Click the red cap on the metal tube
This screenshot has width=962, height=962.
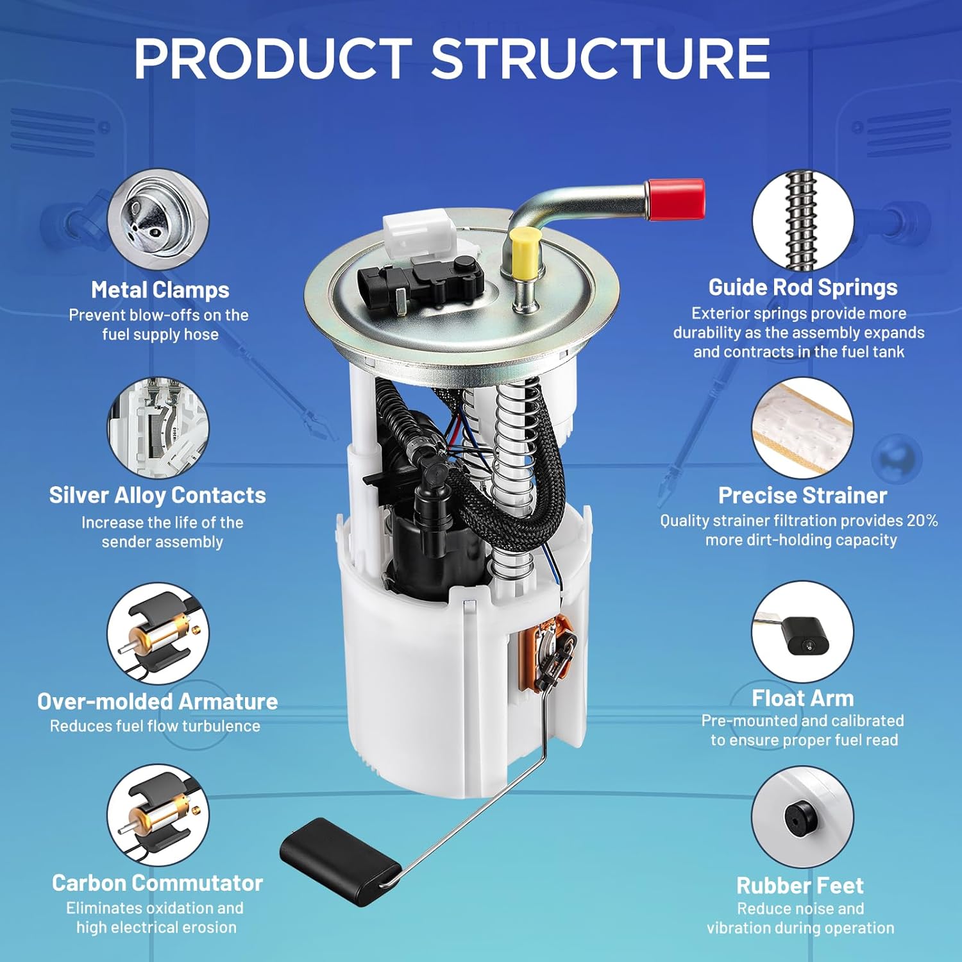[676, 198]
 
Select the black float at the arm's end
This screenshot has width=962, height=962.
[339, 853]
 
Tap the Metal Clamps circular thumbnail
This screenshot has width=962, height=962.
[158, 220]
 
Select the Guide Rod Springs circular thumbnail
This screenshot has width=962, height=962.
[802, 220]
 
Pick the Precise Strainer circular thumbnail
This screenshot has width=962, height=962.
[802, 426]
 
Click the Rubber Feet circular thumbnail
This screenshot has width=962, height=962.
[802, 816]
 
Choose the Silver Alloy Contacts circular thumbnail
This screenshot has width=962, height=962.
[158, 426]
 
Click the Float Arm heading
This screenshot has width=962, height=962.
[802, 698]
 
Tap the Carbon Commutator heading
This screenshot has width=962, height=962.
[157, 883]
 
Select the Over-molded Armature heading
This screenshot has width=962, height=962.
[157, 701]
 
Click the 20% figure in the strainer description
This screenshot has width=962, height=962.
[922, 520]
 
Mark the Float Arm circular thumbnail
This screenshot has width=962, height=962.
[802, 632]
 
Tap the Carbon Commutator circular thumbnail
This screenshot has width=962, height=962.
[158, 814]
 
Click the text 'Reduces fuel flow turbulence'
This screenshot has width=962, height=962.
[155, 726]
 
